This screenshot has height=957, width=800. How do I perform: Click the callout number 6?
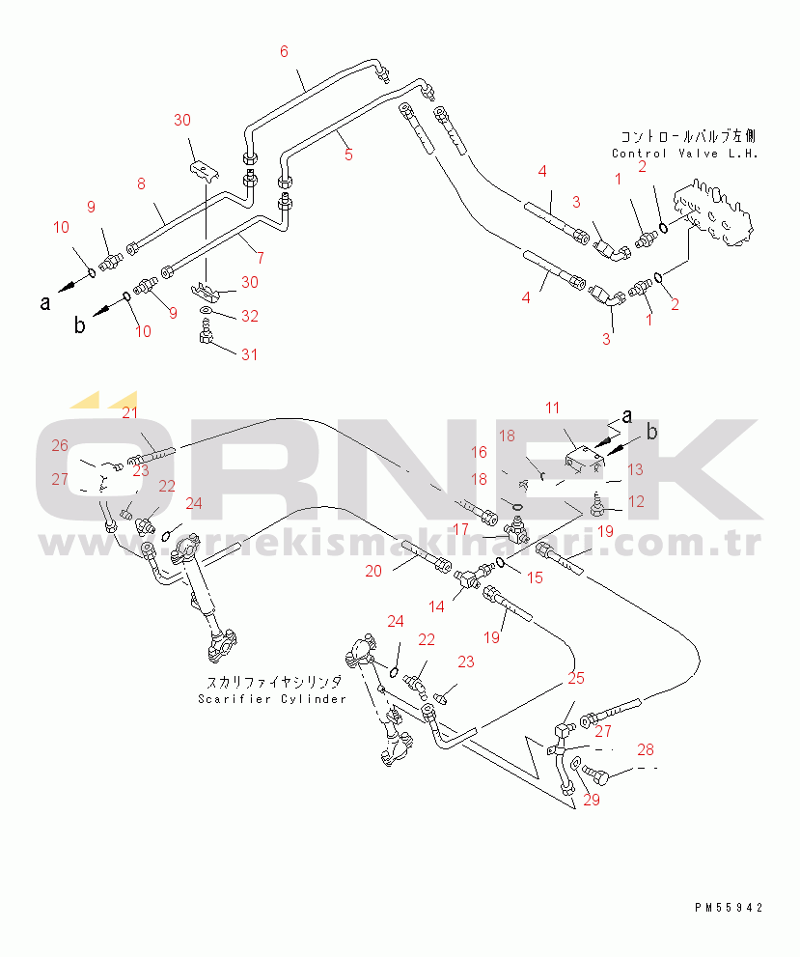click(284, 51)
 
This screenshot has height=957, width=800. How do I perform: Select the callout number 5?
click(347, 154)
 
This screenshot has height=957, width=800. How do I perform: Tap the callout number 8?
click(141, 183)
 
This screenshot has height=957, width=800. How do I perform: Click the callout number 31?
click(250, 354)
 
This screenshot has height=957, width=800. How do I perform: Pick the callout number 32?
click(250, 316)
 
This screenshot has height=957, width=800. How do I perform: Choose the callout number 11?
click(552, 408)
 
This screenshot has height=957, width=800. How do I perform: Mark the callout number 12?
click(636, 501)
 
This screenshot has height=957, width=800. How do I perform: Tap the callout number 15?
click(535, 577)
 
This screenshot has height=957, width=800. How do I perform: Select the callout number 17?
click(460, 529)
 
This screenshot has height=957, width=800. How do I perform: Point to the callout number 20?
click(373, 571)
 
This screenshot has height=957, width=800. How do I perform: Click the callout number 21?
click(129, 414)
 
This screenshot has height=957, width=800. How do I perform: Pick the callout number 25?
click(576, 678)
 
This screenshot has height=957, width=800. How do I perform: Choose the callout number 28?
click(646, 749)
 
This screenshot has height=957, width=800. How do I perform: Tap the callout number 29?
click(592, 799)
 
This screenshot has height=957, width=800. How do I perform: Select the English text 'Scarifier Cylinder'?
click(271, 699)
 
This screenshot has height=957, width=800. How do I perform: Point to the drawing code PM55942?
click(729, 908)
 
